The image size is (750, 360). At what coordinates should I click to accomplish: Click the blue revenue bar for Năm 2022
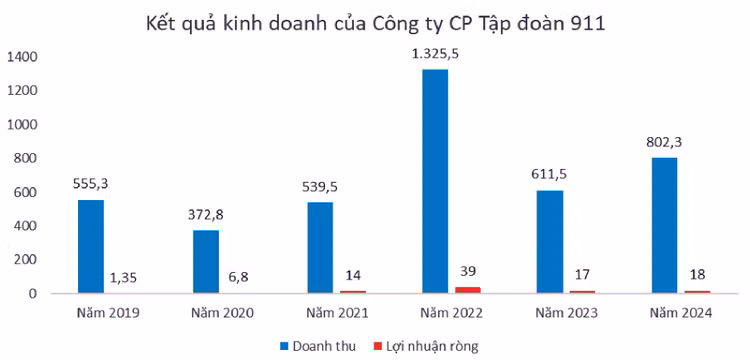(x=435, y=181)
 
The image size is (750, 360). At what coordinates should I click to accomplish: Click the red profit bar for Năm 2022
(x=468, y=290)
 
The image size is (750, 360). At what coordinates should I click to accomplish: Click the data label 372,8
(x=206, y=214)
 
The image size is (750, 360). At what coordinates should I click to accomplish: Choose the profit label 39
(x=468, y=270)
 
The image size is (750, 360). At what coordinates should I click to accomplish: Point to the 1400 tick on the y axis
(x=24, y=57)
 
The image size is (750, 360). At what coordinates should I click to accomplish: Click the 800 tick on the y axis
(x=27, y=158)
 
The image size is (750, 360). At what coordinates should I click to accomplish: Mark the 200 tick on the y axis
(x=27, y=259)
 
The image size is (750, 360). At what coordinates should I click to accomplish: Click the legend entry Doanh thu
(x=312, y=345)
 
